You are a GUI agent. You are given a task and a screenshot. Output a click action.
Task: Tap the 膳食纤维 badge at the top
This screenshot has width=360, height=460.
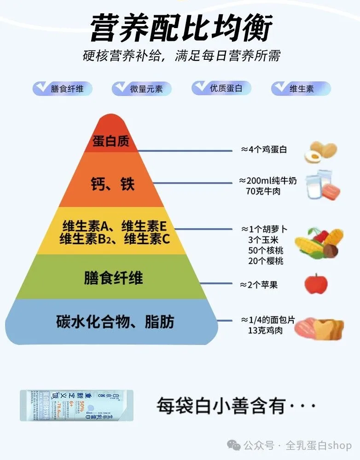(x=63, y=89)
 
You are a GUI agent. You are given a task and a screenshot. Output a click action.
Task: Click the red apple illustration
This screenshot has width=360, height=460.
(x=316, y=283)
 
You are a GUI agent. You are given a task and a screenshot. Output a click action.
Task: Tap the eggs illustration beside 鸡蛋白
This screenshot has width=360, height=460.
(x=320, y=152)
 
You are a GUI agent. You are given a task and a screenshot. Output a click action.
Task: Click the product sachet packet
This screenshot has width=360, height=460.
(x=76, y=405)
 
